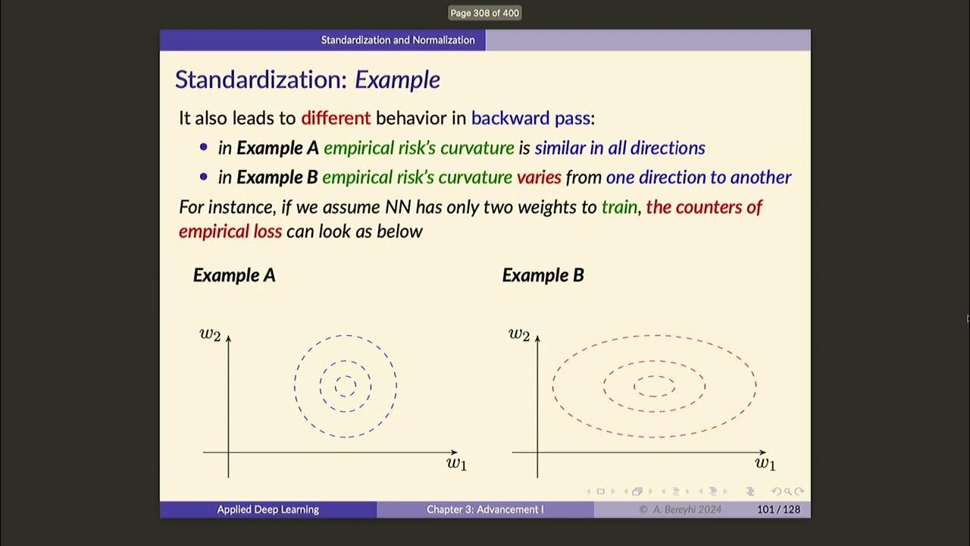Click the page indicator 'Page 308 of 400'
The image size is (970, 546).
tap(485, 13)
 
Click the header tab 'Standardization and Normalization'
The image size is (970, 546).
tap(398, 40)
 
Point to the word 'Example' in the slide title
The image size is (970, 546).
tap(397, 80)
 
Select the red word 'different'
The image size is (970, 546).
tap(336, 118)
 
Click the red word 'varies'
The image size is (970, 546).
tap(539, 177)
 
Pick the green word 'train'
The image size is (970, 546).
tap(619, 207)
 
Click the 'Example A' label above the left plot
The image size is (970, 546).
tap(234, 275)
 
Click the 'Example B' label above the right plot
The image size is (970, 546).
tap(543, 275)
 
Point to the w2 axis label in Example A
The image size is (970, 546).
tap(210, 334)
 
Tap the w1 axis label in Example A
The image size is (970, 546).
tap(456, 463)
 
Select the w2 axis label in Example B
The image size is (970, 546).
tap(519, 334)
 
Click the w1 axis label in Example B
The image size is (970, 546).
tap(765, 463)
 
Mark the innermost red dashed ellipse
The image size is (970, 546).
tap(654, 377)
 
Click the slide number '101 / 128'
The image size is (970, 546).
tap(778, 510)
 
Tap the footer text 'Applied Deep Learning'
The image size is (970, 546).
tap(268, 510)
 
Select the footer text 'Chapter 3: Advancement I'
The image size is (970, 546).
tap(485, 510)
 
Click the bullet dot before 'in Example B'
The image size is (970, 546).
tap(203, 177)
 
